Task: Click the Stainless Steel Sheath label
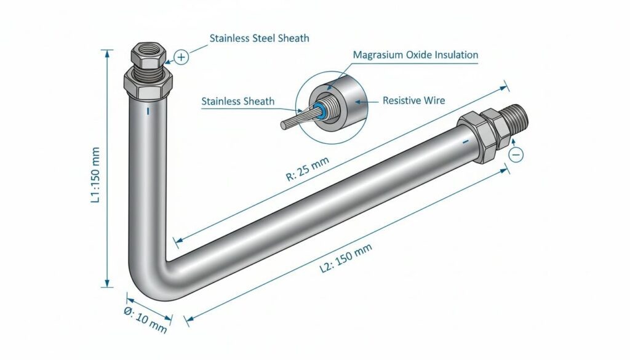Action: click(x=259, y=38)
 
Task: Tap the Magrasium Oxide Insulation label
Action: click(x=415, y=55)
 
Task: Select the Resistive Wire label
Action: click(x=413, y=100)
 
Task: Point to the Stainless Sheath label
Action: click(x=237, y=101)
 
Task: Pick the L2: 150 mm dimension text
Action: click(x=346, y=259)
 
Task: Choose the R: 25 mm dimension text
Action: click(x=308, y=169)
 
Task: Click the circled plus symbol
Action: click(x=181, y=58)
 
